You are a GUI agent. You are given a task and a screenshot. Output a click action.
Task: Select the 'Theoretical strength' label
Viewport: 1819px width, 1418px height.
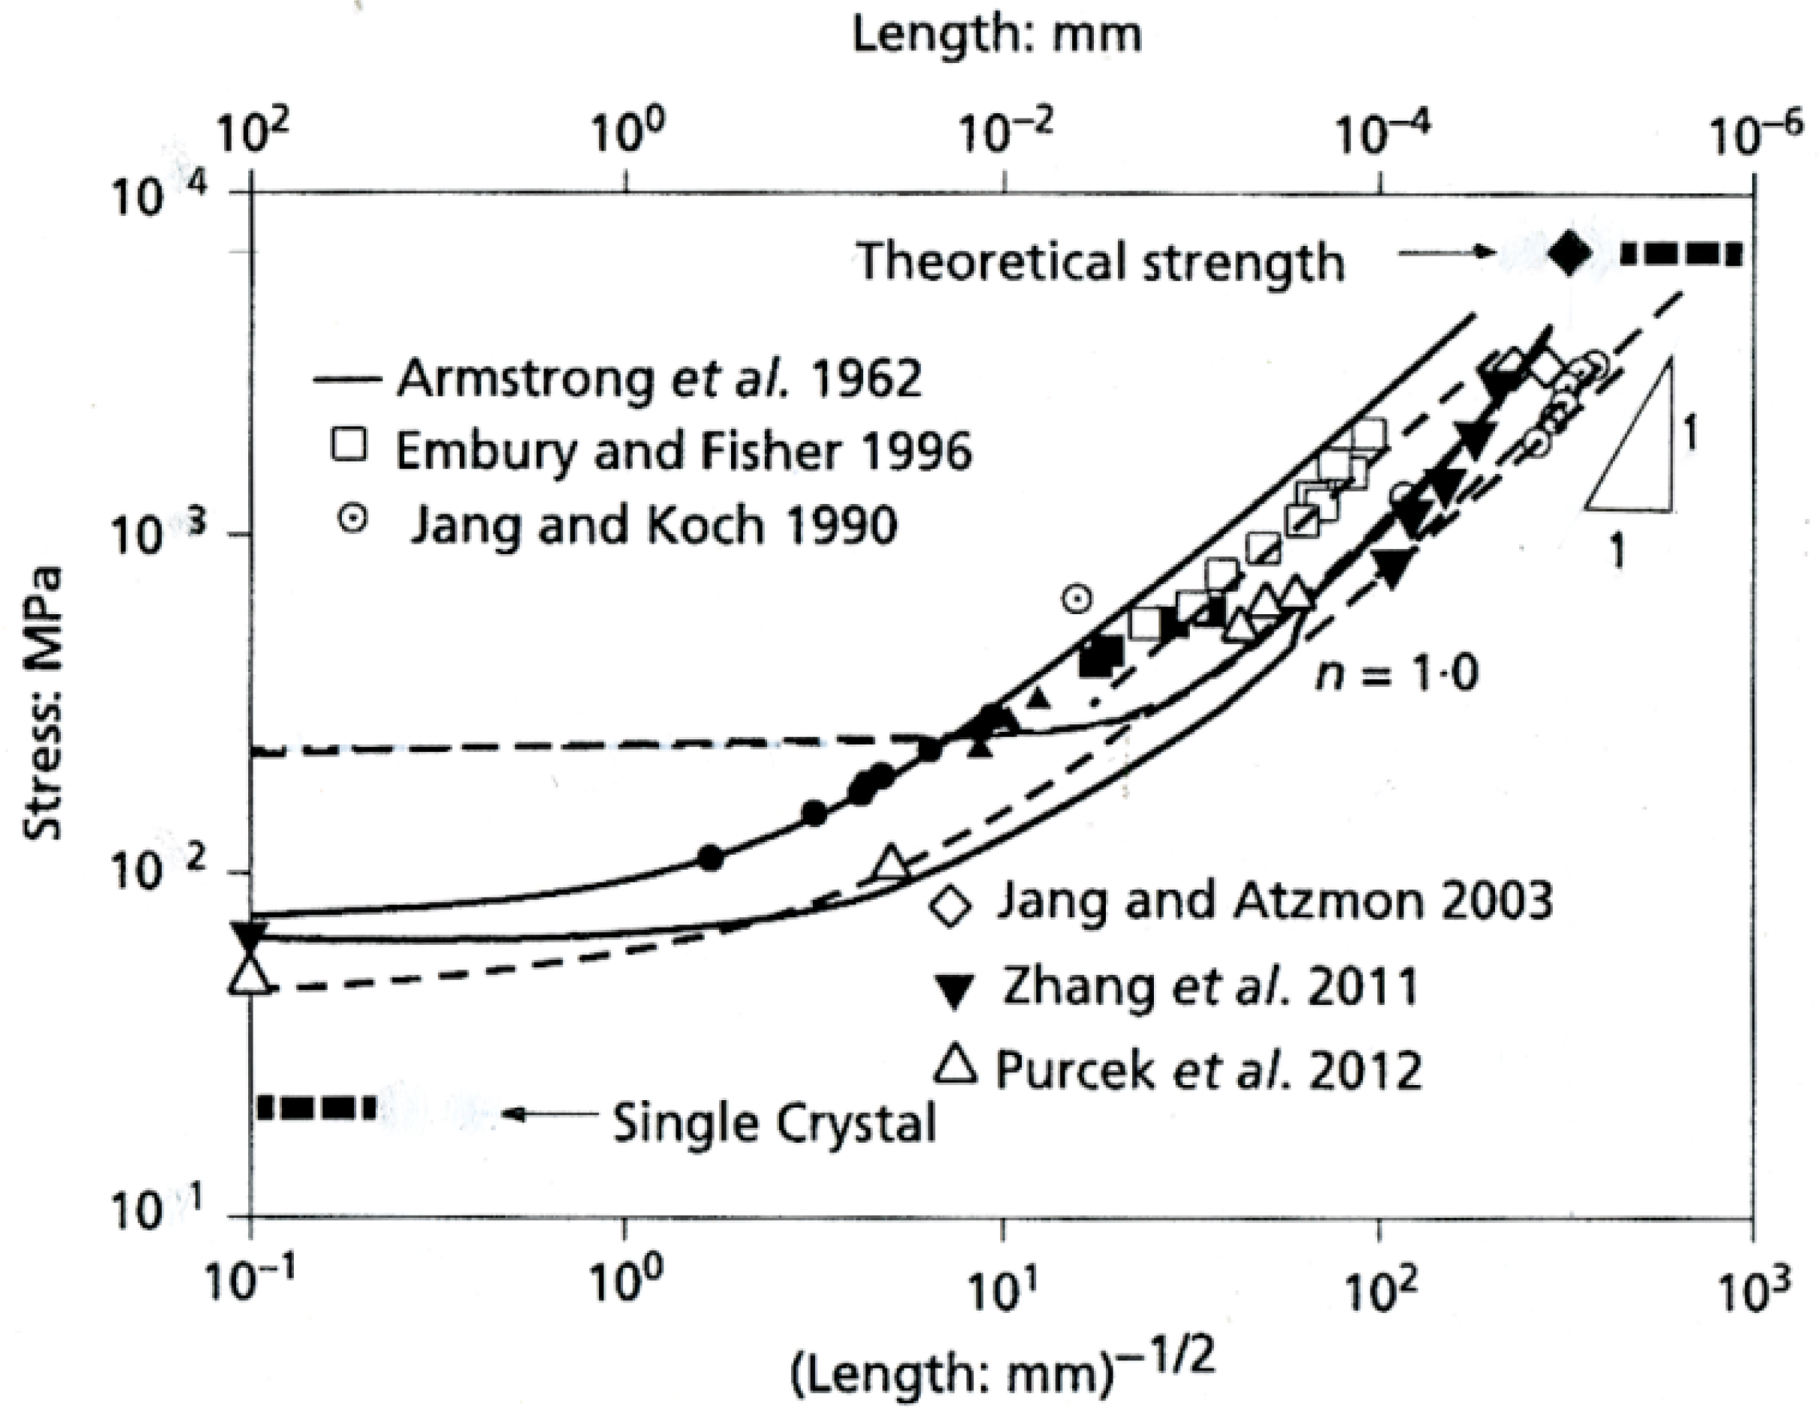tap(1101, 262)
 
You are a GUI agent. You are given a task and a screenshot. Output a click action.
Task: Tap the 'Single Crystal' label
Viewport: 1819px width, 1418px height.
tap(775, 1123)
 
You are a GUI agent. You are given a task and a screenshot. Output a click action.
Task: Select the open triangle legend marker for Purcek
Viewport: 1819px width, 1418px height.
tap(954, 1067)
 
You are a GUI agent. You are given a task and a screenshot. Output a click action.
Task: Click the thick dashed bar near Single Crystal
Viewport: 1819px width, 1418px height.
tap(316, 1108)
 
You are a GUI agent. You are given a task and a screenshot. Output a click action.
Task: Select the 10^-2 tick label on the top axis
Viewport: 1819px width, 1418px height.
tap(1006, 135)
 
